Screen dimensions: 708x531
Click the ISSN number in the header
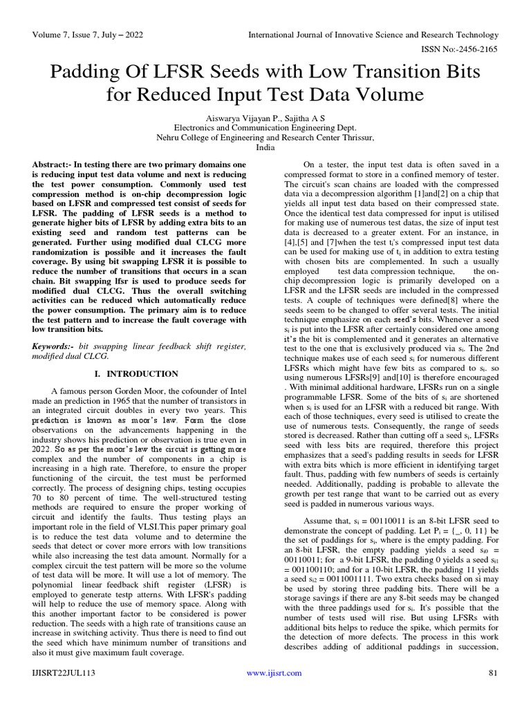pos(456,50)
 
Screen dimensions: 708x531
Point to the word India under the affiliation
pos(265,147)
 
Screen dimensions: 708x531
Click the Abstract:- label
pos(57,165)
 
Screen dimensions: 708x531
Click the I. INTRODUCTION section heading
pos(136,374)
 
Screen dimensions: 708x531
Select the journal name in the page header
pos(373,35)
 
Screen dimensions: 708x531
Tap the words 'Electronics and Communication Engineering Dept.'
pos(265,128)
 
